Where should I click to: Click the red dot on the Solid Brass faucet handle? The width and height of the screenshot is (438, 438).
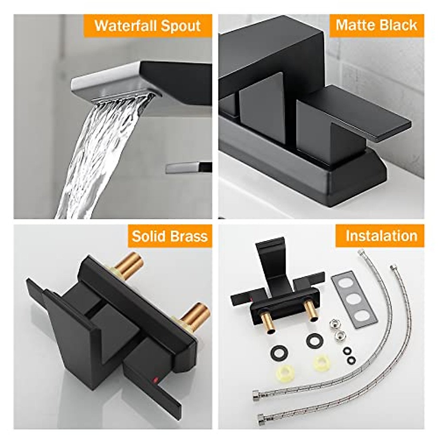pos(155,381)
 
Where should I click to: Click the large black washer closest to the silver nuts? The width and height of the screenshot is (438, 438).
pos(315,341)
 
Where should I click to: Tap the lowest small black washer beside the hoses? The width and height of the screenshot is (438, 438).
pos(351,360)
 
